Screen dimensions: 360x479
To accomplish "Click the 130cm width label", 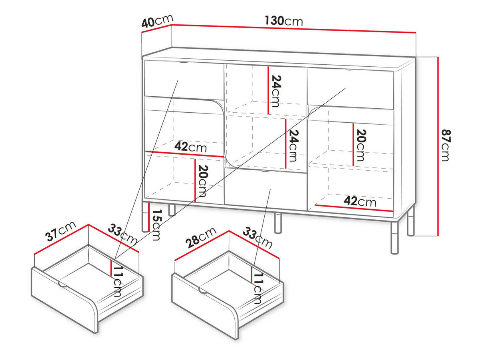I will pos(284,20).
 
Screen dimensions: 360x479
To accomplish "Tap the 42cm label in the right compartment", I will pos(360,202).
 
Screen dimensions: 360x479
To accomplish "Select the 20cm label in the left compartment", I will pos(202,181).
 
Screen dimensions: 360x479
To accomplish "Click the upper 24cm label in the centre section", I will pos(275,91).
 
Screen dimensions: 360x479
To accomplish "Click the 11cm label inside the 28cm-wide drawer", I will pos(258,289).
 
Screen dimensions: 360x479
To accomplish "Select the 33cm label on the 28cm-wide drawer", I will pos(258,237).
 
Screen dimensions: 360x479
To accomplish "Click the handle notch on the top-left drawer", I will pos(183,62).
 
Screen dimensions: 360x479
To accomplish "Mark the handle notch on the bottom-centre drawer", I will pos(263,172).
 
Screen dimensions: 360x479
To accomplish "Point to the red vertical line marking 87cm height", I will pos(438,146).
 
